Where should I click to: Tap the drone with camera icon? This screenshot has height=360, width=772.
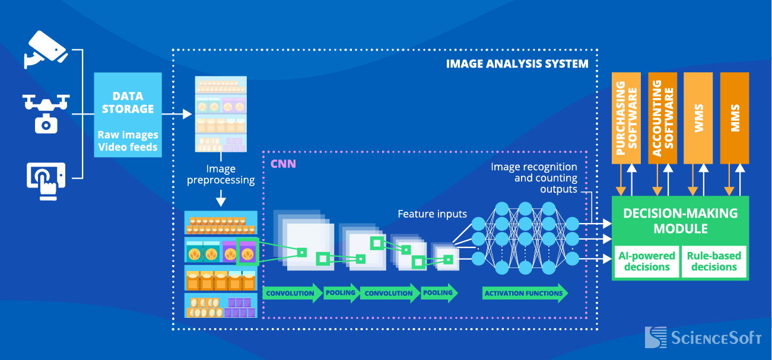coord(46,113)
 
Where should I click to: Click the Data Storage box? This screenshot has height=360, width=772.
coord(128,114)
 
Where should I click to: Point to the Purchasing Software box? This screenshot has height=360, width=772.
coord(626,118)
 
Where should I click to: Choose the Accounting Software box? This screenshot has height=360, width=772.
coord(662,118)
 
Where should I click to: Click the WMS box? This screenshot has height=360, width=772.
coord(698,118)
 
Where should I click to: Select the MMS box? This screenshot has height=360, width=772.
coord(735,118)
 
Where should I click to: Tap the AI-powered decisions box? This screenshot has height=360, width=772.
coord(647,262)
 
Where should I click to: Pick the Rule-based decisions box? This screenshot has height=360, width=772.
coord(714,262)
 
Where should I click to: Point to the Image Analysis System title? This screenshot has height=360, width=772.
coord(517,63)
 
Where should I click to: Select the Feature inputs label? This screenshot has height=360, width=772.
coord(432,214)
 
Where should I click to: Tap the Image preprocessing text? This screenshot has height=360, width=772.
coord(221,174)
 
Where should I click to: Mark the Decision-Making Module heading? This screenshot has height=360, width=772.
coord(680,221)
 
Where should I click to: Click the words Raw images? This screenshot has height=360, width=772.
coord(128,135)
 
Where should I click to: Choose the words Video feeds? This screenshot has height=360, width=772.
coord(128,146)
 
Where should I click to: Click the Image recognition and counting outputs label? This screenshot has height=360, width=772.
coord(533,178)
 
